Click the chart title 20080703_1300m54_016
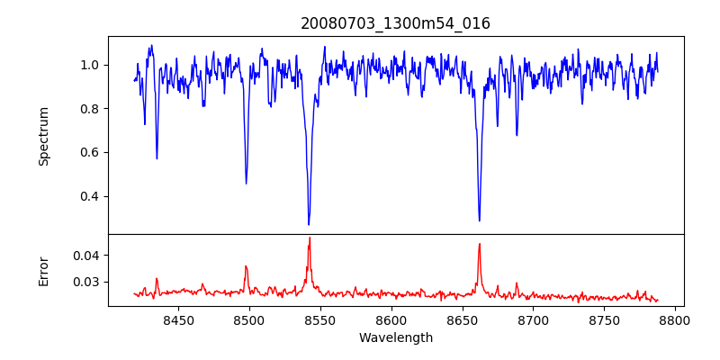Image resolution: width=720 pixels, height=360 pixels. coord(395,23)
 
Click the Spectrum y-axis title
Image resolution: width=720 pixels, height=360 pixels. coord(43,136)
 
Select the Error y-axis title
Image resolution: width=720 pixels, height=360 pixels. coord(43,271)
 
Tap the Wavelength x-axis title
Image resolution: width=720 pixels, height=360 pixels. coord(395,338)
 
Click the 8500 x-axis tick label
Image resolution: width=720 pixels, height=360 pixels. coord(249,319)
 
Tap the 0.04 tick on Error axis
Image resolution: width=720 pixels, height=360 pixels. coord(86,256)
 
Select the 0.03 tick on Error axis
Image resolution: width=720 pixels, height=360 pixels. coord(86,282)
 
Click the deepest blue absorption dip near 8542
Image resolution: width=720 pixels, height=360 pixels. coord(309,224)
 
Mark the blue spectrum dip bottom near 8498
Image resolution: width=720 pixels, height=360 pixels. coord(246,184)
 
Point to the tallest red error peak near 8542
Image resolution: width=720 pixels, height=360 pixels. coord(310,238)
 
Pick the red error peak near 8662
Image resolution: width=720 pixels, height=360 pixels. coord(479,244)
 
